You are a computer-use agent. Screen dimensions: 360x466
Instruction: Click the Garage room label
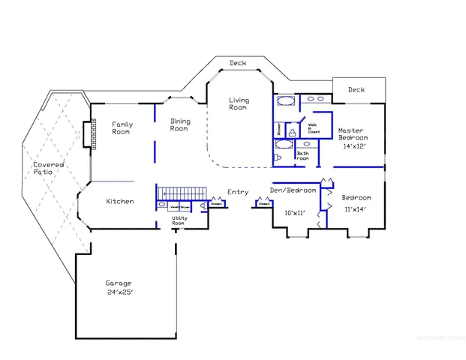pyautogui.click(x=119, y=283)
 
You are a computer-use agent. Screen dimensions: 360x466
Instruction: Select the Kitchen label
pyautogui.click(x=120, y=201)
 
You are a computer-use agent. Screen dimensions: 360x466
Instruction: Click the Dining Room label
pyautogui.click(x=179, y=124)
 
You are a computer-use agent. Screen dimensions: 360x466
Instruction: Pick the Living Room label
pyautogui.click(x=238, y=103)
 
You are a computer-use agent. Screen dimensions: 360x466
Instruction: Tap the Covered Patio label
pyautogui.click(x=48, y=168)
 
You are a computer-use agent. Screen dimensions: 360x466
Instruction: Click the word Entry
pyautogui.click(x=238, y=192)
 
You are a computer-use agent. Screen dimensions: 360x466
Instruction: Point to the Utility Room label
pyautogui.click(x=179, y=220)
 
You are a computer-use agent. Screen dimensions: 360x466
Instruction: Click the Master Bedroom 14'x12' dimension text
pyautogui.click(x=352, y=146)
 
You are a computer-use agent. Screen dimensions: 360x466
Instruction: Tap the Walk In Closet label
pyautogui.click(x=313, y=128)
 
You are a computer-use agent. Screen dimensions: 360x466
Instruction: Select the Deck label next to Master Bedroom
pyautogui.click(x=356, y=90)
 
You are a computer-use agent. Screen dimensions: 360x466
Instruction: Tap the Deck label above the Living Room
pyautogui.click(x=238, y=63)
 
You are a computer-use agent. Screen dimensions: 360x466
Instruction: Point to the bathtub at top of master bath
pyautogui.click(x=286, y=101)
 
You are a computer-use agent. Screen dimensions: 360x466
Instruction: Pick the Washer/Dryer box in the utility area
pyautogui.click(x=179, y=205)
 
